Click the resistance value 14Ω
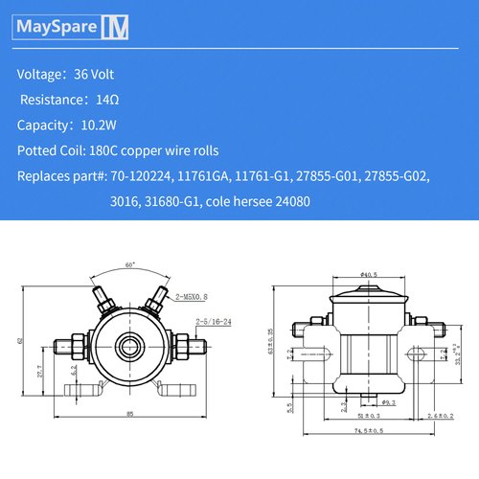[108, 100]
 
